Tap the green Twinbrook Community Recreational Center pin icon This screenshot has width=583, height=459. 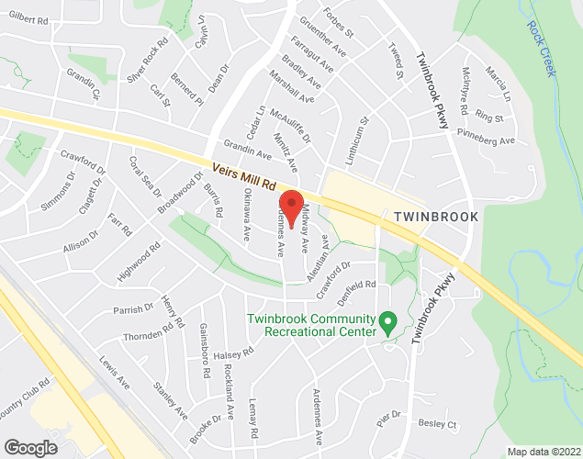pyautogui.click(x=387, y=322)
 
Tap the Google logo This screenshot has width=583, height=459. pyautogui.click(x=29, y=447)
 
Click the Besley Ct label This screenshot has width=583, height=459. pyautogui.click(x=437, y=424)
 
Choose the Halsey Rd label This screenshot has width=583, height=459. pyautogui.click(x=232, y=354)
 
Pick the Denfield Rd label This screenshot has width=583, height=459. pyautogui.click(x=358, y=285)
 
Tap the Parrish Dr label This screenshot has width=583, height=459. pyautogui.click(x=134, y=309)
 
